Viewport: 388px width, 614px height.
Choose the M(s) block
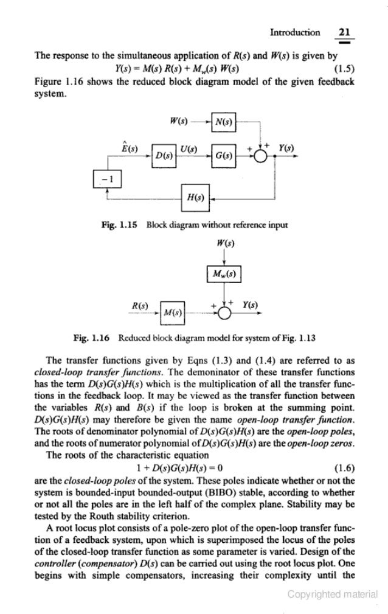click(173, 312)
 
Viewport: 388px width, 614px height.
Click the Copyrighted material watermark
click(333, 595)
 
